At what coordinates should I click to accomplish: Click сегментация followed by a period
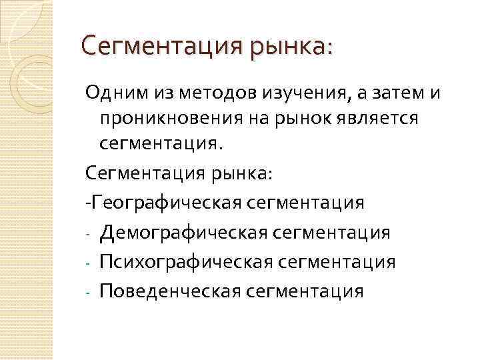167,144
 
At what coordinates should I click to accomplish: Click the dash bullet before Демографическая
88,233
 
